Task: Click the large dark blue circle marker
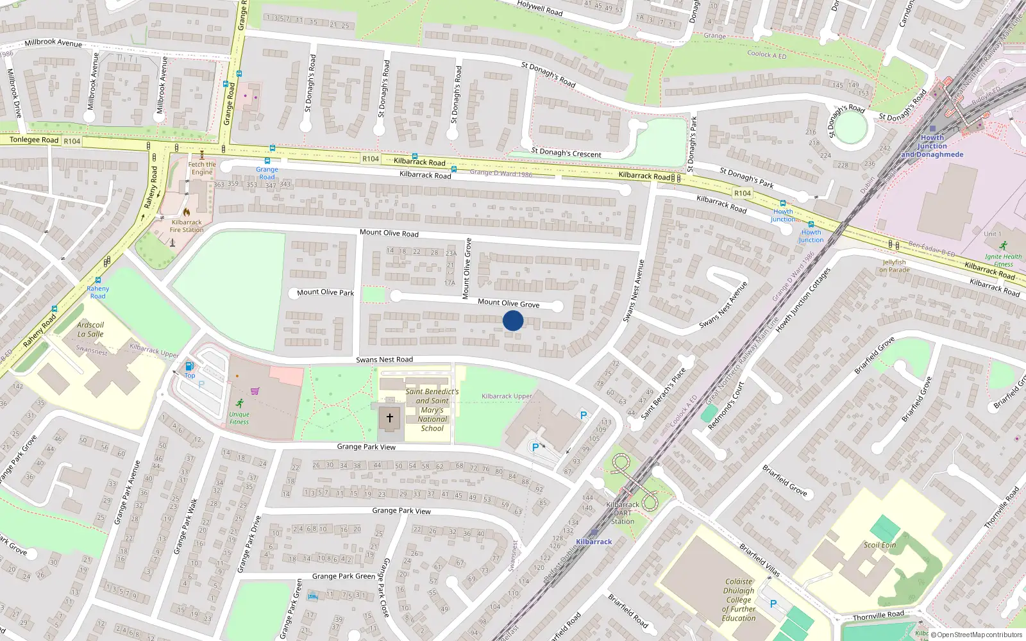pyautogui.click(x=513, y=320)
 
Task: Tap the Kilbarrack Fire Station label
pyautogui.click(x=187, y=226)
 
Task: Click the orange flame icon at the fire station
pyautogui.click(x=186, y=212)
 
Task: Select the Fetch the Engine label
pyautogui.click(x=202, y=168)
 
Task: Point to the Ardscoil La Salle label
pyautogui.click(x=90, y=329)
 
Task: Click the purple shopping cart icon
pyautogui.click(x=255, y=390)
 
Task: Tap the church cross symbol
pyautogui.click(x=389, y=418)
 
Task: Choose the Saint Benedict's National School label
pyautogui.click(x=432, y=410)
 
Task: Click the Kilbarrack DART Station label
pyautogui.click(x=623, y=513)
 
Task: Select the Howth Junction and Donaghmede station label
pyautogui.click(x=932, y=146)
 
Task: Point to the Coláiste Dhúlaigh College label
pyautogui.click(x=739, y=600)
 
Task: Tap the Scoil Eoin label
pyautogui.click(x=879, y=545)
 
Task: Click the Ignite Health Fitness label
pyautogui.click(x=1004, y=260)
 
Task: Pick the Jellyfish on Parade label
pyautogui.click(x=895, y=266)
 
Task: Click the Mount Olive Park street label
pyautogui.click(x=325, y=292)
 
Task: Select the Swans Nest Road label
pyautogui.click(x=384, y=360)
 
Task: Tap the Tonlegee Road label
pyautogui.click(x=34, y=140)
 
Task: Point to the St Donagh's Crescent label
pyautogui.click(x=566, y=153)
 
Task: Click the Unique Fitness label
pyautogui.click(x=239, y=418)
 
